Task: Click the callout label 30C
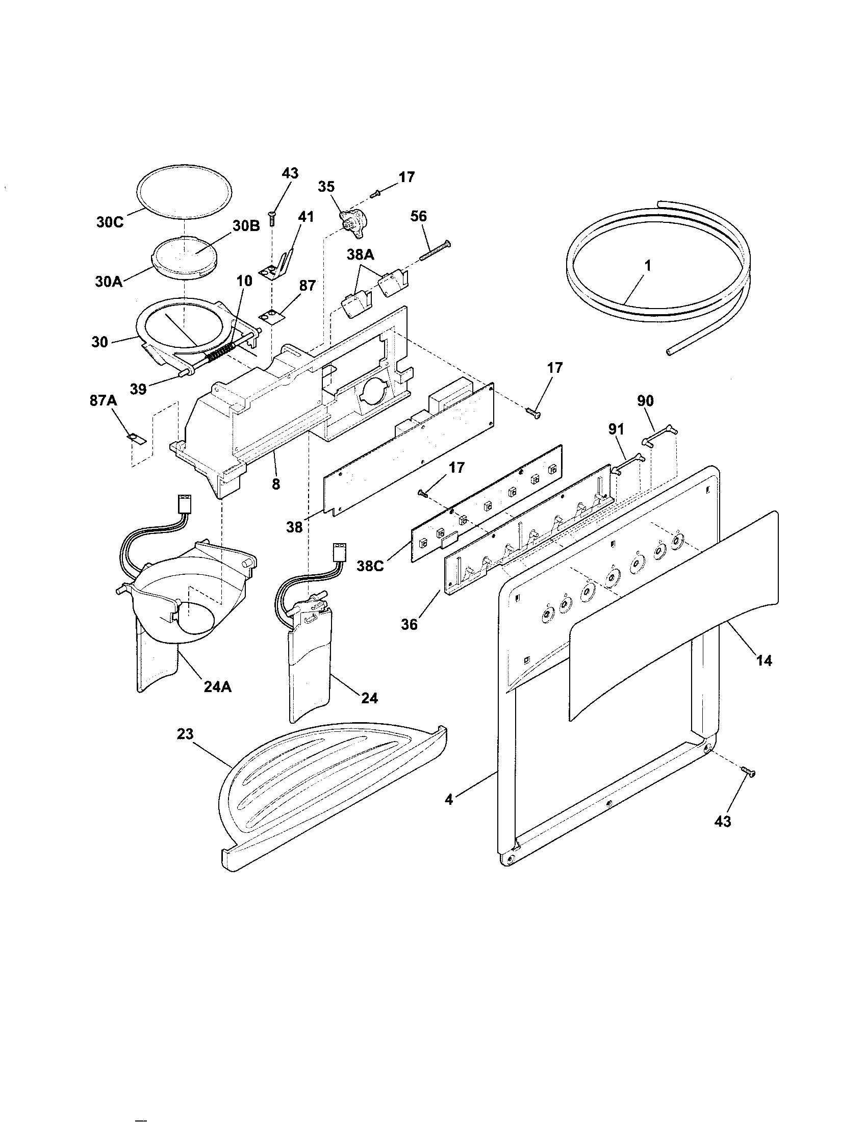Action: click(110, 223)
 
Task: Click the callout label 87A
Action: click(103, 400)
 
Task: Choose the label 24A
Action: click(217, 686)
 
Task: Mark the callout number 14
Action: click(764, 660)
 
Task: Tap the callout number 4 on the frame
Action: click(449, 799)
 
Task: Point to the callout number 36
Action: click(410, 624)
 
